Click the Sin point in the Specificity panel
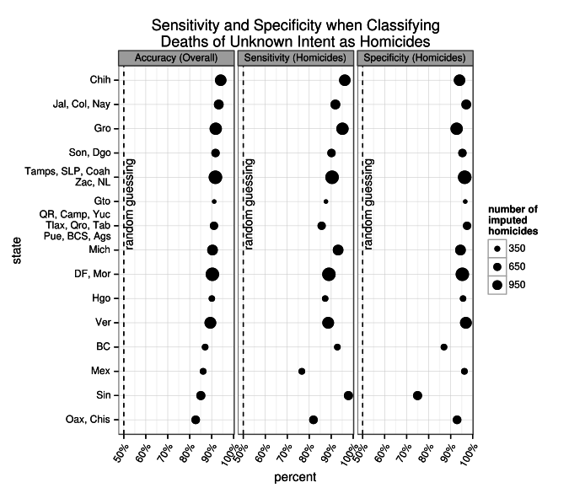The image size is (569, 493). click(x=417, y=395)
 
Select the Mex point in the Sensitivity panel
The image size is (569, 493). click(x=302, y=372)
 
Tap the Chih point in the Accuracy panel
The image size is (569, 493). click(x=220, y=80)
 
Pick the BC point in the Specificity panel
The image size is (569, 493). click(x=444, y=347)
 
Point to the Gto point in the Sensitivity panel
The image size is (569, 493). click(x=326, y=201)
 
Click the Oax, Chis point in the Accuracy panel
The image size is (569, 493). click(x=196, y=420)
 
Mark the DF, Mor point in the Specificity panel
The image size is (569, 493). click(x=462, y=274)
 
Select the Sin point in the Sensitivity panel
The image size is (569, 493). click(x=348, y=395)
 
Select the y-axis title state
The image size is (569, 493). click(x=18, y=249)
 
